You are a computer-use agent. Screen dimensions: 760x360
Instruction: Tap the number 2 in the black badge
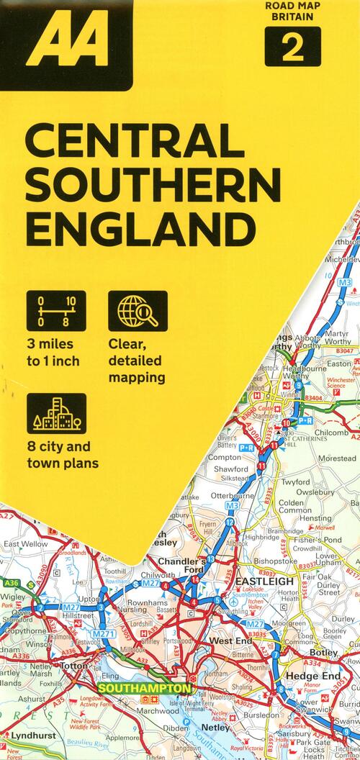[x=292, y=49]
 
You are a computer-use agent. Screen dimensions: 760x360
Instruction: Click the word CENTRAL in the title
[x=134, y=142]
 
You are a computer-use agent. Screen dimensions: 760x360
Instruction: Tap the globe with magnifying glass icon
[x=138, y=312]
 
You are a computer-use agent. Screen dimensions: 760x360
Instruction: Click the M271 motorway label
[x=105, y=633]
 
